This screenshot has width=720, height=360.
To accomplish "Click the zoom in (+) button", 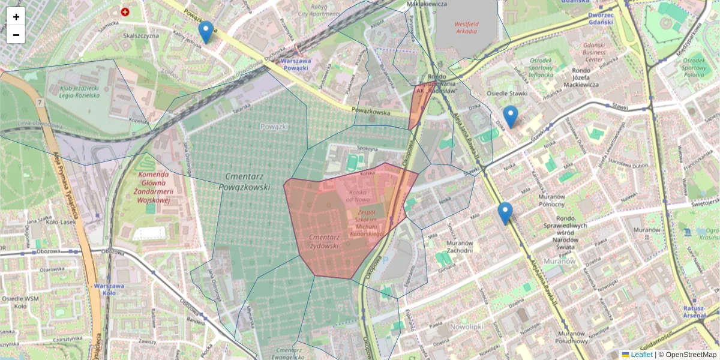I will [x=16, y=17].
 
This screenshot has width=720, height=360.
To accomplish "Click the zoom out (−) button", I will [x=16, y=35].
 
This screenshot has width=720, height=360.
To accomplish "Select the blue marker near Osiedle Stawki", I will [x=511, y=116].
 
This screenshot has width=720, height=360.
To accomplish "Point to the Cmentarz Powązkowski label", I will [x=248, y=181].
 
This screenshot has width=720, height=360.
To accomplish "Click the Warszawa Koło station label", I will [x=109, y=289].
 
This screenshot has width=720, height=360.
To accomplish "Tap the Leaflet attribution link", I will [x=641, y=355].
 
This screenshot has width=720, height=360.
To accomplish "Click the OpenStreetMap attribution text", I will [x=691, y=355].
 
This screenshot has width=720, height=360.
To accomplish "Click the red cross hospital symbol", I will [x=125, y=11].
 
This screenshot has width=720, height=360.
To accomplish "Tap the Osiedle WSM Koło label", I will [x=22, y=302].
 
